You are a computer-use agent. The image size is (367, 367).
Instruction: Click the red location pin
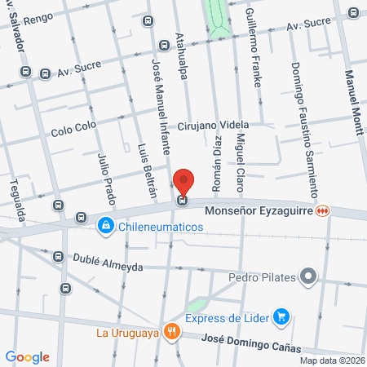pos(184,182)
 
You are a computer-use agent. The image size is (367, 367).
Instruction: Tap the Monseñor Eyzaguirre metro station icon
pos(324,210)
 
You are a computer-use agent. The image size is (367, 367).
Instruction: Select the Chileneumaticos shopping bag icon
pos(105,225)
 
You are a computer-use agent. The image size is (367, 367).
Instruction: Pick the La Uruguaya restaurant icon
pos(171,331)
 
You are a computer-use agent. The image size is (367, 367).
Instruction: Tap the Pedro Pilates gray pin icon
pos(307,276)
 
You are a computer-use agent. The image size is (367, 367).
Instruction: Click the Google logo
pos(28,356)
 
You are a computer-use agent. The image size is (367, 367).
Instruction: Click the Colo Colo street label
pos(73,129)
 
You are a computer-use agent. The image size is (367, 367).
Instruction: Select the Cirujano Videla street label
pos(213,125)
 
